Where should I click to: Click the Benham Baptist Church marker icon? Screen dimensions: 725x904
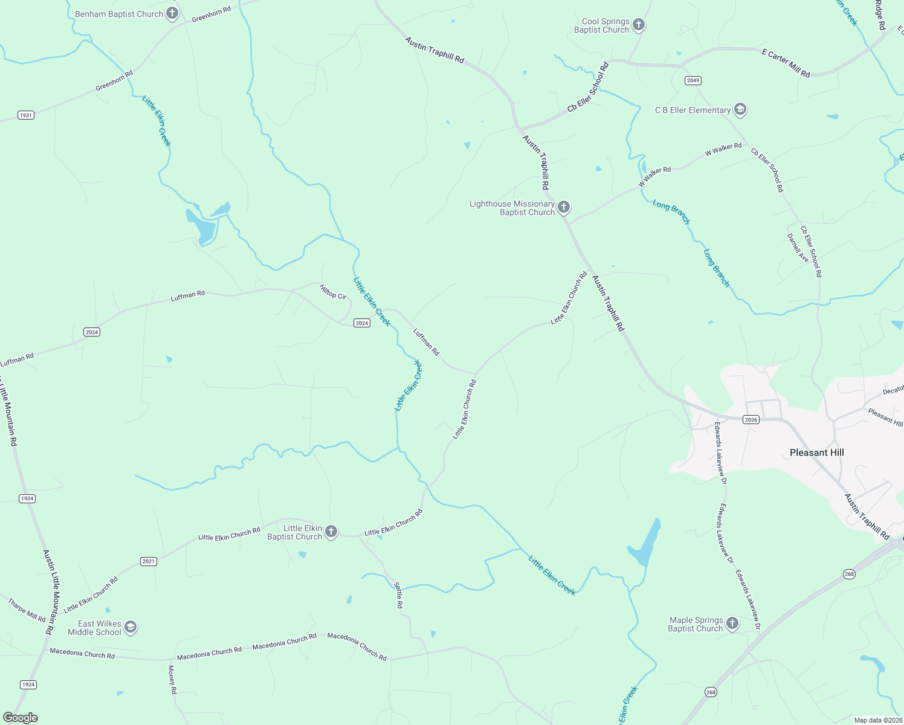pos(172,13)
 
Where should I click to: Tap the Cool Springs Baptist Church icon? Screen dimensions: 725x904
pos(639,25)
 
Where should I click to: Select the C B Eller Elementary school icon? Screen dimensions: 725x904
pos(740,110)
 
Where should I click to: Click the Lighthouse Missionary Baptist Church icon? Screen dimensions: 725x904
pos(563,208)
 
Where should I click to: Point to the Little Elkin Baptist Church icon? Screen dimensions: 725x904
pos(331,532)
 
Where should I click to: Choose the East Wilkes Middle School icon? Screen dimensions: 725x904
pos(131,628)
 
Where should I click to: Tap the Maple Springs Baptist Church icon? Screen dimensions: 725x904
pos(732,623)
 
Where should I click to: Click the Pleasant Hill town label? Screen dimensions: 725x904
pos(816,453)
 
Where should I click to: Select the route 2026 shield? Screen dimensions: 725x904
pos(751,420)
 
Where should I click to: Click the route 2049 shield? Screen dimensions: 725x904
pos(693,80)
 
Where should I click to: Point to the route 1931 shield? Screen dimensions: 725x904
pos(25,115)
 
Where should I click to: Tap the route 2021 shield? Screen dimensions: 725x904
pos(149,561)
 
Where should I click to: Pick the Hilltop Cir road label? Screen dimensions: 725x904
pos(333,292)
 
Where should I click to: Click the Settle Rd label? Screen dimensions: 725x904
pos(399,595)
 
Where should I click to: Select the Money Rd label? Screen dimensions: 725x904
pos(172,680)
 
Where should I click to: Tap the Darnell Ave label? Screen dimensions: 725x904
pos(798,248)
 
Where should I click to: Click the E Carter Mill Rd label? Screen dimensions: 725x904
pos(786,63)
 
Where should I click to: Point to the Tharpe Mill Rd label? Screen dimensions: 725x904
pos(27,610)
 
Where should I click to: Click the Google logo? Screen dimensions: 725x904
pos(21,718)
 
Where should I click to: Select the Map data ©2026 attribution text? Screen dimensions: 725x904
pos(877,720)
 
